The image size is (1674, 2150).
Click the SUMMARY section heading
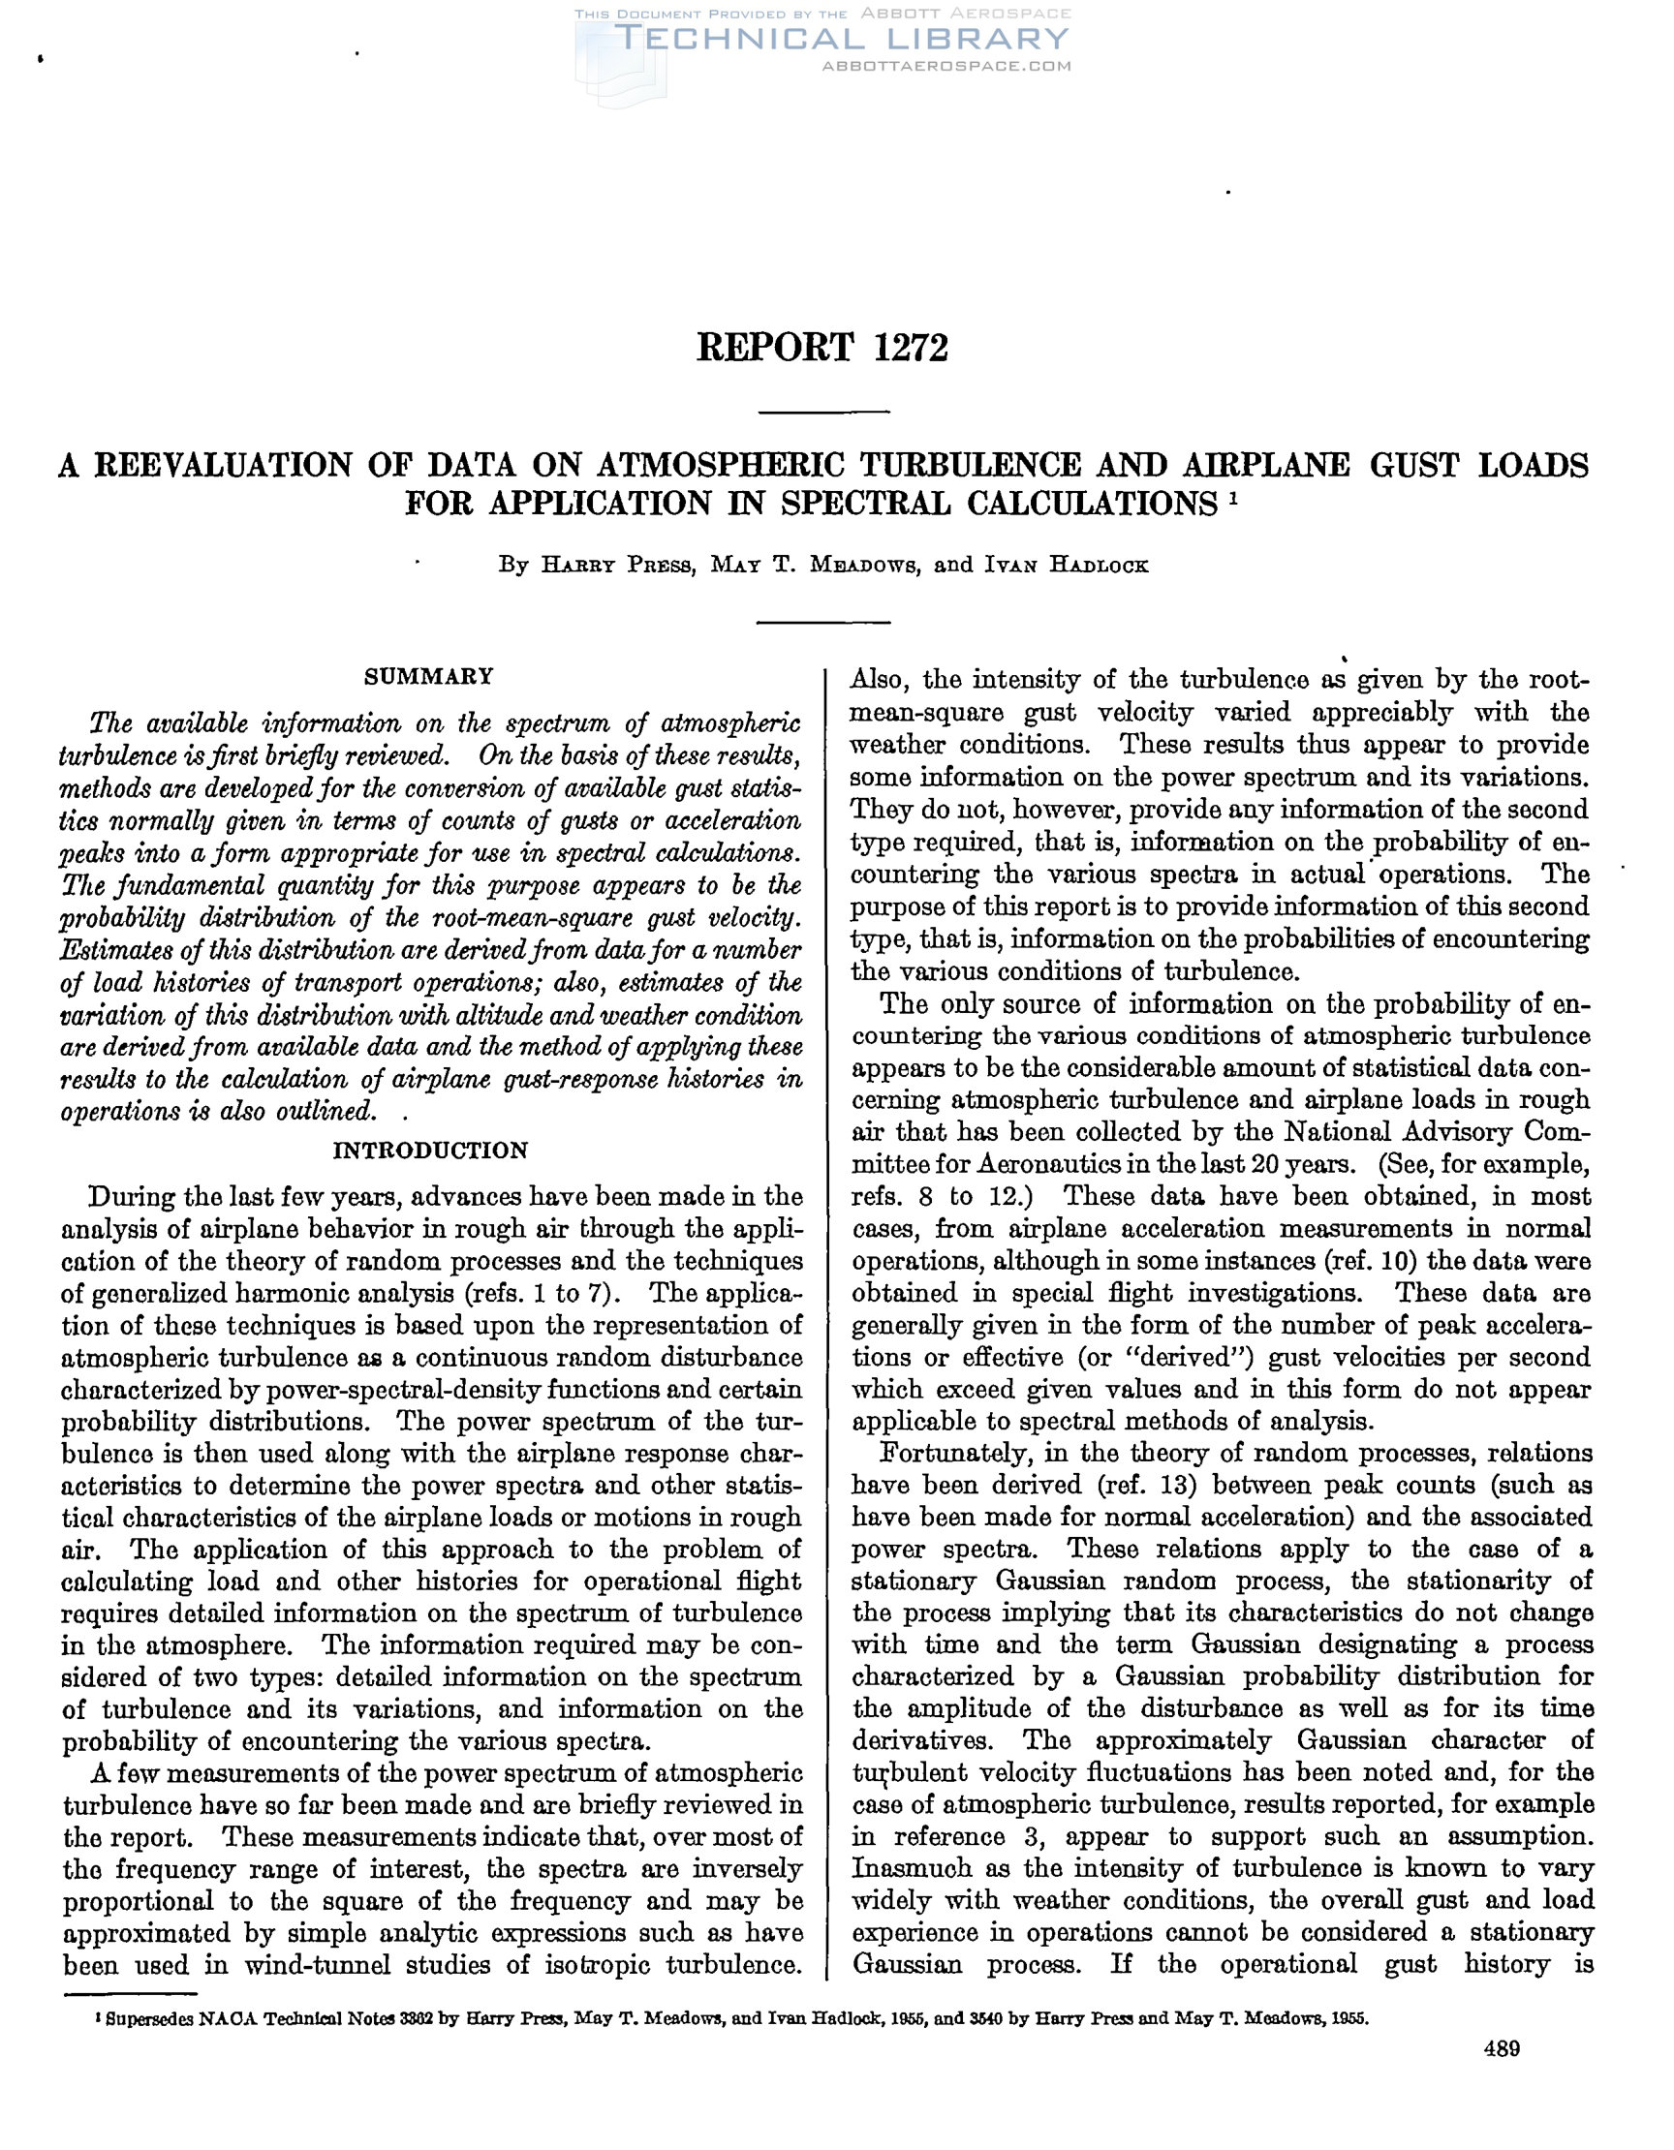[428, 676]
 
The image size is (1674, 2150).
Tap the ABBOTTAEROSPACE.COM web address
[945, 66]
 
